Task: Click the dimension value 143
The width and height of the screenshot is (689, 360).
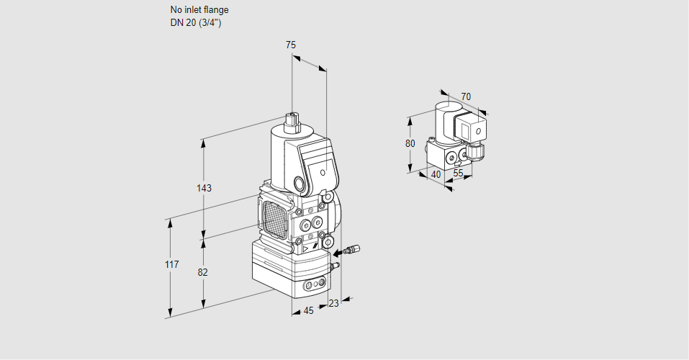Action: [x=204, y=189]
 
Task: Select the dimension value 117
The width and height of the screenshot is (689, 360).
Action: [x=171, y=266]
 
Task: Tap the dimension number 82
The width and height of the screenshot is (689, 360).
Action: [x=202, y=272]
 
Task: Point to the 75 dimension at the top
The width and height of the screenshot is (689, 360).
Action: [x=291, y=45]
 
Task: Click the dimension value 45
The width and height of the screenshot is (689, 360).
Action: [x=308, y=310]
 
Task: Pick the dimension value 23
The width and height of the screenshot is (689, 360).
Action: [x=333, y=303]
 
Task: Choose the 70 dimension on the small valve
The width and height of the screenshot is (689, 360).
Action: [x=466, y=96]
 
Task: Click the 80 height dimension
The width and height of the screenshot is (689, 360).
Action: [x=410, y=143]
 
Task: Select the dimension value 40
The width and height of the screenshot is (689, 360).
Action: [x=436, y=174]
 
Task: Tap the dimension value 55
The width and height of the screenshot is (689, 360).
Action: [x=459, y=174]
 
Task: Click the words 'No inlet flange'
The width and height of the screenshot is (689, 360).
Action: [x=199, y=10]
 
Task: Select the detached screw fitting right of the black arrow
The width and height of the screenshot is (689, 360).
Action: [x=349, y=251]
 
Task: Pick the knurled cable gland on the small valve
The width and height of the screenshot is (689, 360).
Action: [x=475, y=152]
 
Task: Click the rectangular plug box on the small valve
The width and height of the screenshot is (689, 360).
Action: [x=473, y=132]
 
